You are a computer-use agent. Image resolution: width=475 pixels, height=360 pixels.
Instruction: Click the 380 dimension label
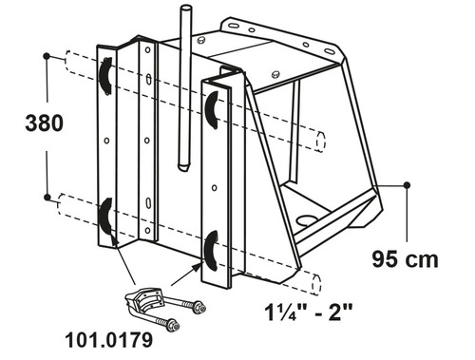[x=45, y=123]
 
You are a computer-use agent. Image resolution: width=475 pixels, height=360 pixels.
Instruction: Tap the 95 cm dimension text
[x=405, y=259]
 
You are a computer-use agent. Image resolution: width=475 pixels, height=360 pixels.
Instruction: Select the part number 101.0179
[x=109, y=340]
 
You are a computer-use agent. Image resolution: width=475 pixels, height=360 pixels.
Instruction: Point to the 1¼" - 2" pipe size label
[x=309, y=312]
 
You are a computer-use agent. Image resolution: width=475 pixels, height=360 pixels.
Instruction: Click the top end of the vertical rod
[x=185, y=8]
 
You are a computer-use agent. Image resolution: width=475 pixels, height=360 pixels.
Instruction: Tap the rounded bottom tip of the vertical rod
[x=182, y=167]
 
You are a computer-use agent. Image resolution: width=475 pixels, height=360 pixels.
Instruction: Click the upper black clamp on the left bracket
[x=104, y=76]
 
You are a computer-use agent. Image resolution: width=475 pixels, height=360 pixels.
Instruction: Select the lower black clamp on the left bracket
[x=105, y=217]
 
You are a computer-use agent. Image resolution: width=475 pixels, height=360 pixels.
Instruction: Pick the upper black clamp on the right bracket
[x=212, y=110]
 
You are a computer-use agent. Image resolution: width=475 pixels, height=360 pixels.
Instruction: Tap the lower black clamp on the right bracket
[x=211, y=251]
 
